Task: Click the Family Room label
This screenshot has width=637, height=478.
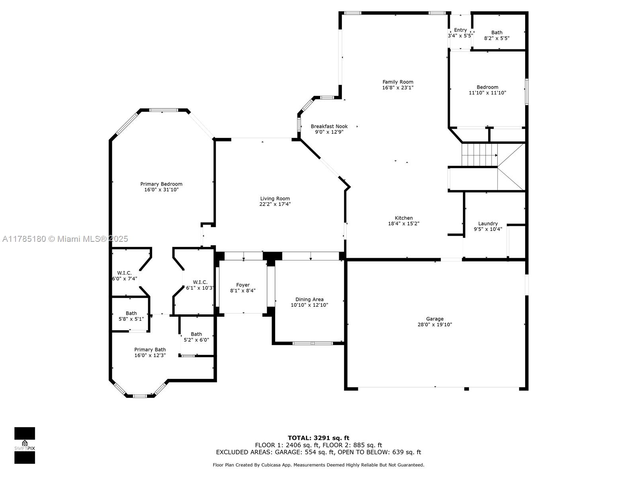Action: [398, 82]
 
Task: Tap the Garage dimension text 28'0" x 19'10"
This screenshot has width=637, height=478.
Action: [435, 325]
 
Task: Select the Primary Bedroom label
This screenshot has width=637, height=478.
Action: [161, 184]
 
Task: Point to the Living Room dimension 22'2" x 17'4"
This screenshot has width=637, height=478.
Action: [275, 204]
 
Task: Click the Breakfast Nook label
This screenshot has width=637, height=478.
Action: [329, 126]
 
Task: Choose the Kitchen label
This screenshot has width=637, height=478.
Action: [404, 218]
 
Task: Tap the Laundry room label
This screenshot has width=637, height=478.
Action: [488, 223]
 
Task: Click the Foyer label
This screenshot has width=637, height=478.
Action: [243, 285]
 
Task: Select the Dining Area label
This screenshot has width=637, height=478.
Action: [309, 299]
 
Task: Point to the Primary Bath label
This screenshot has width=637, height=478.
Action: [150, 350]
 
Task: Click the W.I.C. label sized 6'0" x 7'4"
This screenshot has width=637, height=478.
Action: [124, 273]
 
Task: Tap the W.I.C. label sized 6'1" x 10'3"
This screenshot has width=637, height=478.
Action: [200, 282]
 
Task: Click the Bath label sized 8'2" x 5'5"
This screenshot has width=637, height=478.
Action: [497, 33]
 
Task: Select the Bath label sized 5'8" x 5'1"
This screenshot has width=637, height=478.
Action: [131, 313]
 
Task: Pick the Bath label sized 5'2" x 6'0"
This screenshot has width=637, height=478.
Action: [196, 334]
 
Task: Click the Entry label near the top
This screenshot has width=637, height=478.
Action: [460, 30]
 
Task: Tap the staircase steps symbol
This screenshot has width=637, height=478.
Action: [479, 155]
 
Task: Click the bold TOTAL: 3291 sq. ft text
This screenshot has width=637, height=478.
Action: [318, 438]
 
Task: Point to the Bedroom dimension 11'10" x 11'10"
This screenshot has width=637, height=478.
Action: [488, 92]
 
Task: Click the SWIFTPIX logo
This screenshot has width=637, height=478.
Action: [25, 445]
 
